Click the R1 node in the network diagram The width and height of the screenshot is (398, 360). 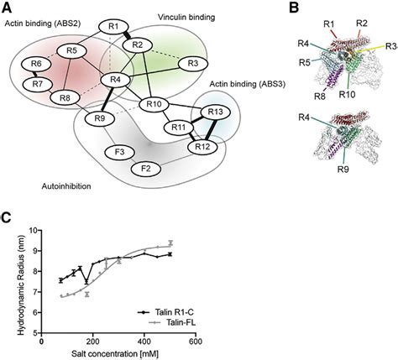pyautogui.click(x=113, y=27)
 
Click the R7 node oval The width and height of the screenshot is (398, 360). pyautogui.click(x=36, y=84)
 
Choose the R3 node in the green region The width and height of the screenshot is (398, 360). pyautogui.click(x=192, y=63)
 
